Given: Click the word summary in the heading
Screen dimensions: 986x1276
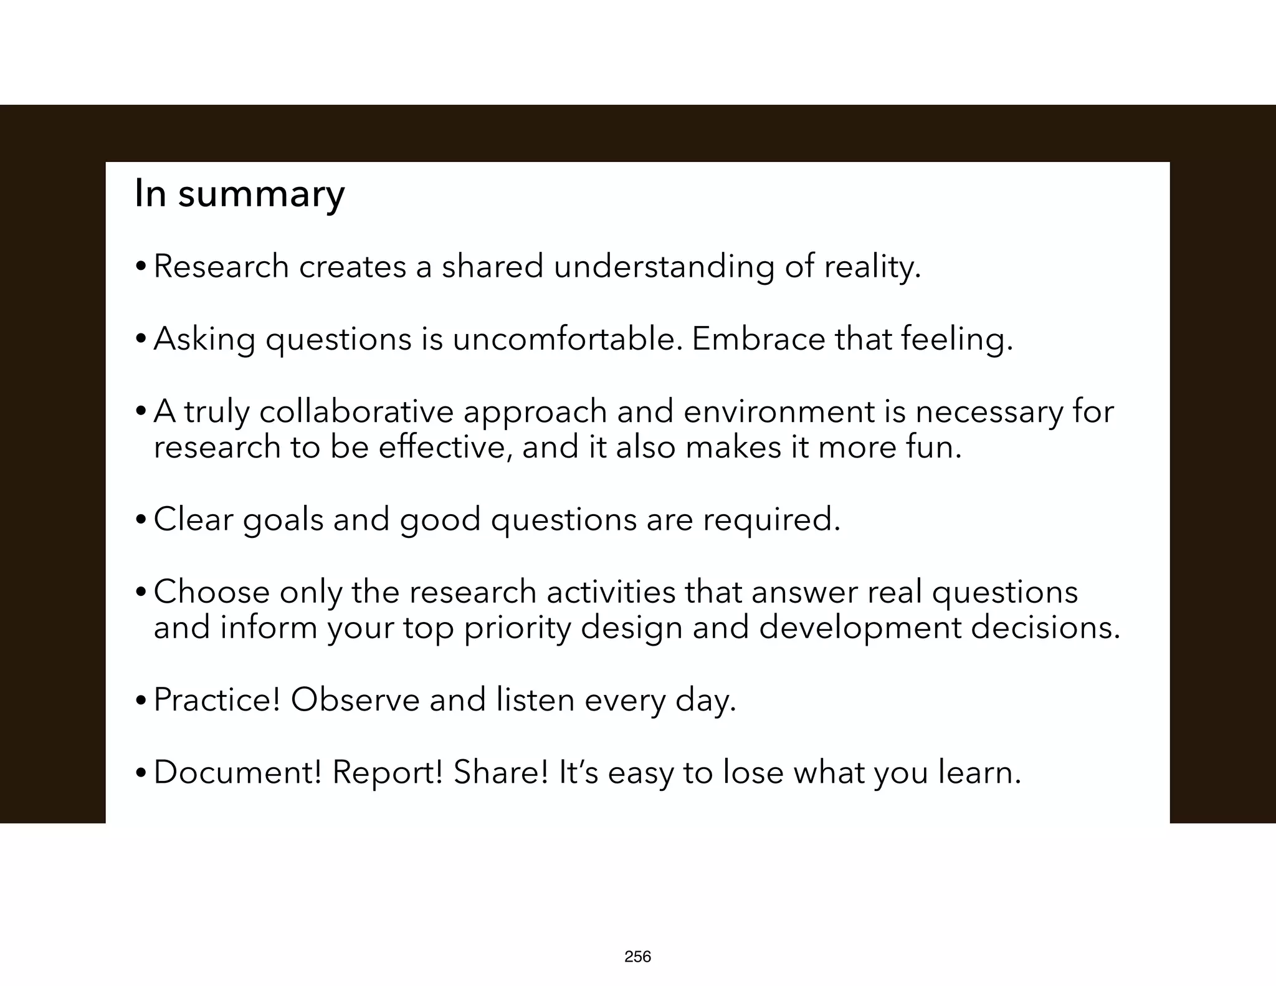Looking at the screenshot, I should pos(261,194).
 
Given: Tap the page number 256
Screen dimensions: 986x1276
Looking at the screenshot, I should pos(637,957).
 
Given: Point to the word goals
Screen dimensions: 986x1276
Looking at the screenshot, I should pos(283,520).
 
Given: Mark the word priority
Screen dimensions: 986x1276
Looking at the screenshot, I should pos(517,628).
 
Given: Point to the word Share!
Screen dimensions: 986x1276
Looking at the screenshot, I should pos(501,773).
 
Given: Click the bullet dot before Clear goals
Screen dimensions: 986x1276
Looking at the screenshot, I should pos(141,521).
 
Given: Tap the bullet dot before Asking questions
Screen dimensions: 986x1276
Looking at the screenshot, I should pos(141,340).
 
